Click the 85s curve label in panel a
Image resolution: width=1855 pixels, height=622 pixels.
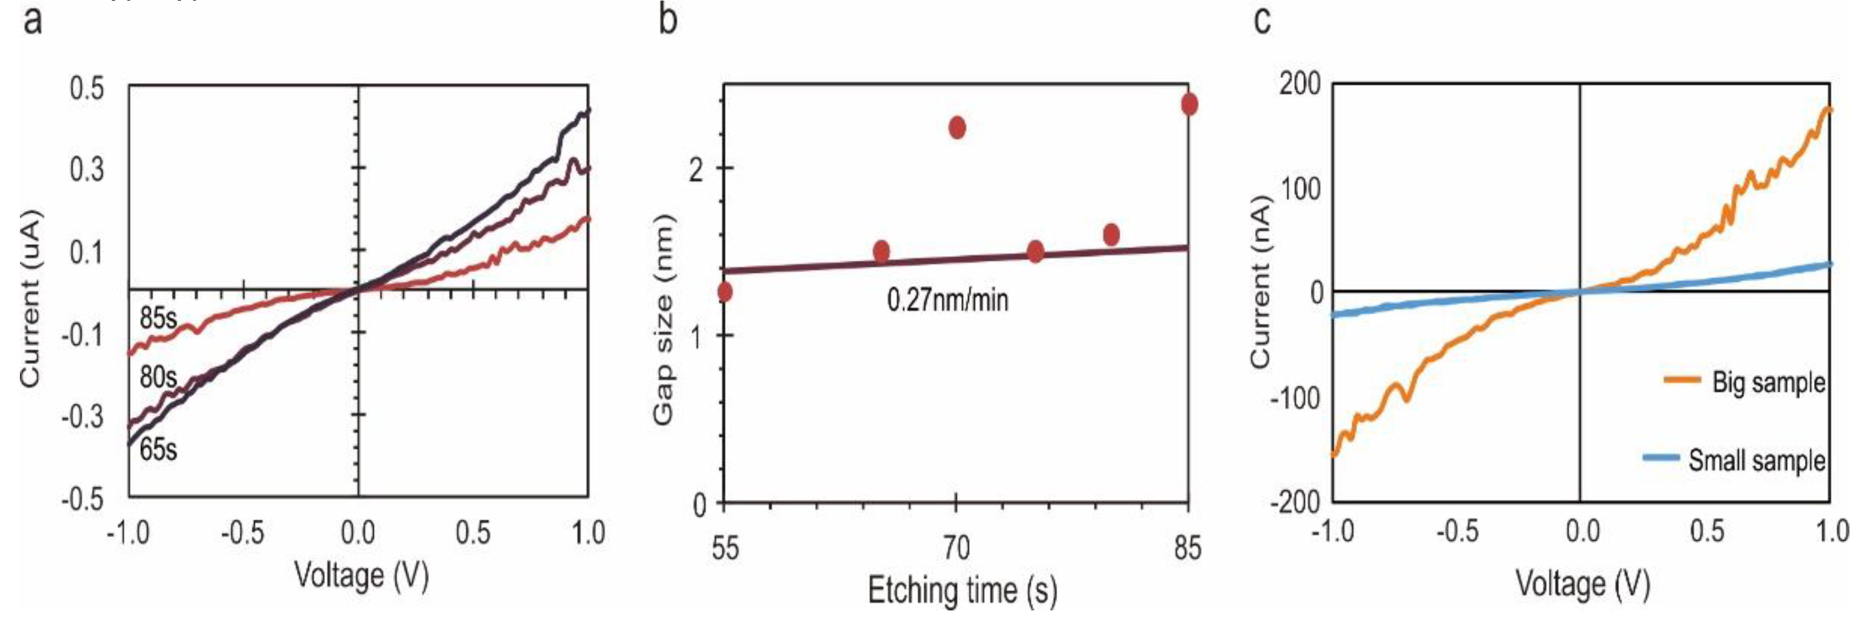[x=158, y=318]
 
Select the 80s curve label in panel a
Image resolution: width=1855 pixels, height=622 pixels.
[x=158, y=376]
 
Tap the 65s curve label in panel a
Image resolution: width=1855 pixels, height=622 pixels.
[x=158, y=449]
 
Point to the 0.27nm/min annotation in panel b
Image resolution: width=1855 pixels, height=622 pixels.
[x=947, y=299]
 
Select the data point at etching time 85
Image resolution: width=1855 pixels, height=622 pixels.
[x=1190, y=105]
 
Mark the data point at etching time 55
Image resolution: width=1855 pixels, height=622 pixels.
[x=725, y=292]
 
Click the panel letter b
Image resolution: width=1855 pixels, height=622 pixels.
[x=668, y=19]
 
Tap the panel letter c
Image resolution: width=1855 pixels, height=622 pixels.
[x=1262, y=19]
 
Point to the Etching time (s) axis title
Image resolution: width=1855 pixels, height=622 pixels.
[x=963, y=590]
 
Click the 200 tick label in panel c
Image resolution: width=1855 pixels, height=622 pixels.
[x=1300, y=84]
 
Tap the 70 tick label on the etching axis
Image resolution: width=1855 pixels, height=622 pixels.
[x=957, y=548]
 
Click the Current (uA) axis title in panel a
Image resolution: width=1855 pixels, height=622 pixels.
[x=30, y=298]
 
